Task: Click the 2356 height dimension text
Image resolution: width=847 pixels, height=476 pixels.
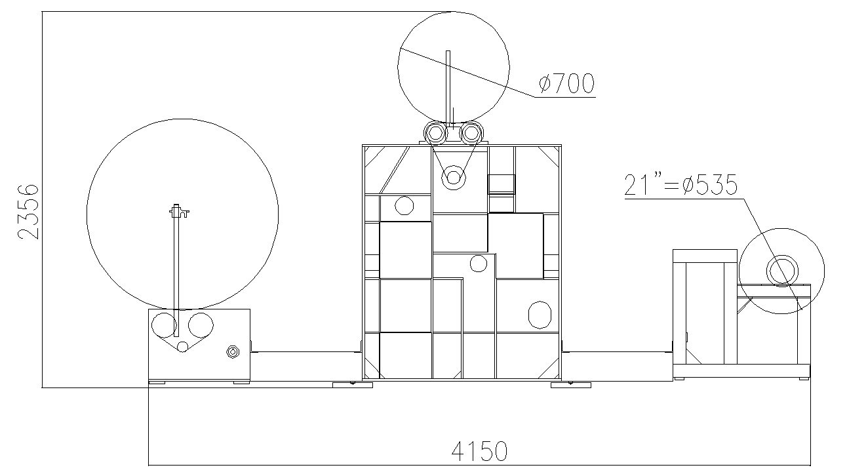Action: (x=28, y=212)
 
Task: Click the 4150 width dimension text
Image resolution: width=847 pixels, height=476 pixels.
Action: (x=479, y=451)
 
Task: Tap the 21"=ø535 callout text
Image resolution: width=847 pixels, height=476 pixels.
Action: (x=680, y=185)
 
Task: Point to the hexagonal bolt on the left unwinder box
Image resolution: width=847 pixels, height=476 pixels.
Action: (x=233, y=352)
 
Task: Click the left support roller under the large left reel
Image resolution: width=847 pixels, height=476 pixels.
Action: (x=164, y=325)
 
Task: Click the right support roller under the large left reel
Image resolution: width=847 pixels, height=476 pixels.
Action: (x=201, y=325)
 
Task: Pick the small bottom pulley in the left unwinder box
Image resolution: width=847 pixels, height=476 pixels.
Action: (x=183, y=347)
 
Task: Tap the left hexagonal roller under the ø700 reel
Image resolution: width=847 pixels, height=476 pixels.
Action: (x=436, y=133)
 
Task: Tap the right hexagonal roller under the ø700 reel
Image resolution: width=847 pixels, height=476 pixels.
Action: (x=471, y=133)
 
